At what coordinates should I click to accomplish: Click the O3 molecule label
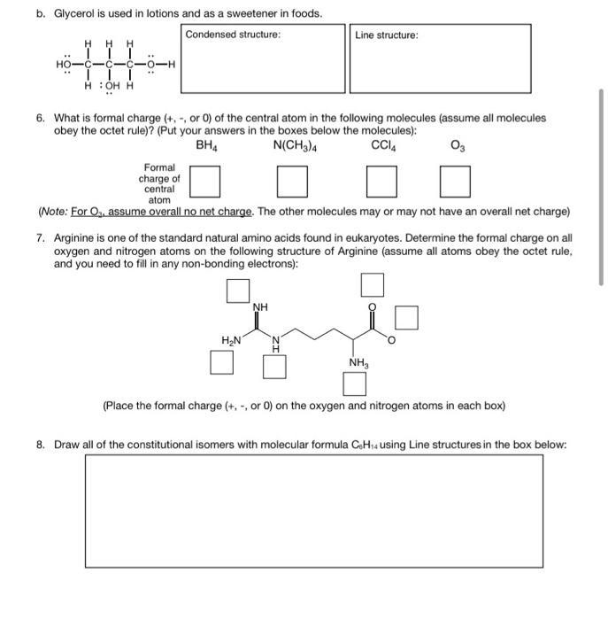point(455,145)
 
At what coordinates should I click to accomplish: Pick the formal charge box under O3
point(455,183)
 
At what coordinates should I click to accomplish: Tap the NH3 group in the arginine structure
point(358,362)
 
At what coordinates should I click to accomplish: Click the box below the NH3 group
point(355,384)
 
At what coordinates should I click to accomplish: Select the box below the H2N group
point(222,362)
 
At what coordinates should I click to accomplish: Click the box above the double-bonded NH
point(236,291)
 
